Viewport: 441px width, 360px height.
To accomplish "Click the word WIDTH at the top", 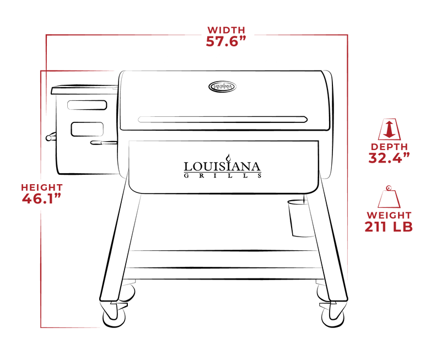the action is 226,30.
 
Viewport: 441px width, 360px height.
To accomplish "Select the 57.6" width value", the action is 226,41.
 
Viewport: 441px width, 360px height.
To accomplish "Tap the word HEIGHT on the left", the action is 42,187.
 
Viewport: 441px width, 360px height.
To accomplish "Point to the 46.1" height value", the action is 41,198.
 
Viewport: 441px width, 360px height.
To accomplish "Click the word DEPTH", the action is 389,147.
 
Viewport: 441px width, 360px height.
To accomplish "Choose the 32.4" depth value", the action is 389,158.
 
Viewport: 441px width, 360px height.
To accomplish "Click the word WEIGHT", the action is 389,216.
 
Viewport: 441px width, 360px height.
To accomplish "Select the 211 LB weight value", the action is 389,227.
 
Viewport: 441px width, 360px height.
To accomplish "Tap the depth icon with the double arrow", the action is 389,129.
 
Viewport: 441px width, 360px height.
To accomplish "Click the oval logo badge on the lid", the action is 222,87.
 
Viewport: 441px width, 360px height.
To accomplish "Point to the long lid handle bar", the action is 223,119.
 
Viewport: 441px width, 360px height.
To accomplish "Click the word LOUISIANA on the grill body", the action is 222,166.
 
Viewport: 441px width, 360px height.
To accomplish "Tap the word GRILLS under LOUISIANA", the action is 223,176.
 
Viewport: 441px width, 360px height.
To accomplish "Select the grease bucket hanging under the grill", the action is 299,217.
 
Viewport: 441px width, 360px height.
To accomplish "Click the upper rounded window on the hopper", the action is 87,105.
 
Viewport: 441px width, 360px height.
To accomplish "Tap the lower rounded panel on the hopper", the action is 87,130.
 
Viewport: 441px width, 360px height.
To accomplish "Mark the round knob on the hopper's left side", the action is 50,137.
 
